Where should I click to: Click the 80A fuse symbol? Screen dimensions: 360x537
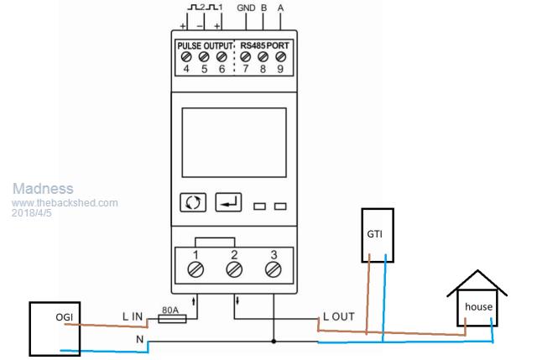point(171,317)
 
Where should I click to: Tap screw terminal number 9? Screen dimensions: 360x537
point(280,57)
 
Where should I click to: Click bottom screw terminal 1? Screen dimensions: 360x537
point(196,269)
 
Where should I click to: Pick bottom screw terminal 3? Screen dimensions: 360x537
point(273,269)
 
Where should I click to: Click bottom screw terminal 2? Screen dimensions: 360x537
point(235,269)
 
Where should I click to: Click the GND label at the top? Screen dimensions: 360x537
point(247,8)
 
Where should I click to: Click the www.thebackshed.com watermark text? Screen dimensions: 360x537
point(65,203)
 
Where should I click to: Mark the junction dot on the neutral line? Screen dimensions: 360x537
point(274,342)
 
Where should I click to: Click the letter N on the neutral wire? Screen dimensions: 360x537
point(140,339)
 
